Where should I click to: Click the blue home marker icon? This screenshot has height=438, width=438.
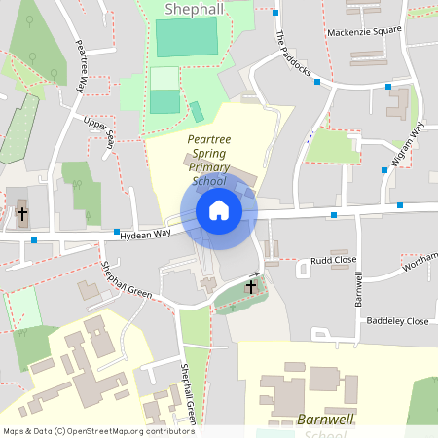pos(219,210)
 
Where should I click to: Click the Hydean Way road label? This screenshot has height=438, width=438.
pos(146,233)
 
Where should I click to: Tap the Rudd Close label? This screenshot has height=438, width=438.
pos(334,261)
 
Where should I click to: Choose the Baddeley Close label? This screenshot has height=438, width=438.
pos(397,321)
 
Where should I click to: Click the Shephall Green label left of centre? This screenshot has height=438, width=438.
pos(127,280)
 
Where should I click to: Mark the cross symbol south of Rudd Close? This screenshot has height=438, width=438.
pos(251,287)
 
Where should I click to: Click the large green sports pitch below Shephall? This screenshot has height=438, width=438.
pos(187,37)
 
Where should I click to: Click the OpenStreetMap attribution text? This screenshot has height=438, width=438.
pos(98,430)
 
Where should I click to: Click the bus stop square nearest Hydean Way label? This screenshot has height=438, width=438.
pos(117,233)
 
